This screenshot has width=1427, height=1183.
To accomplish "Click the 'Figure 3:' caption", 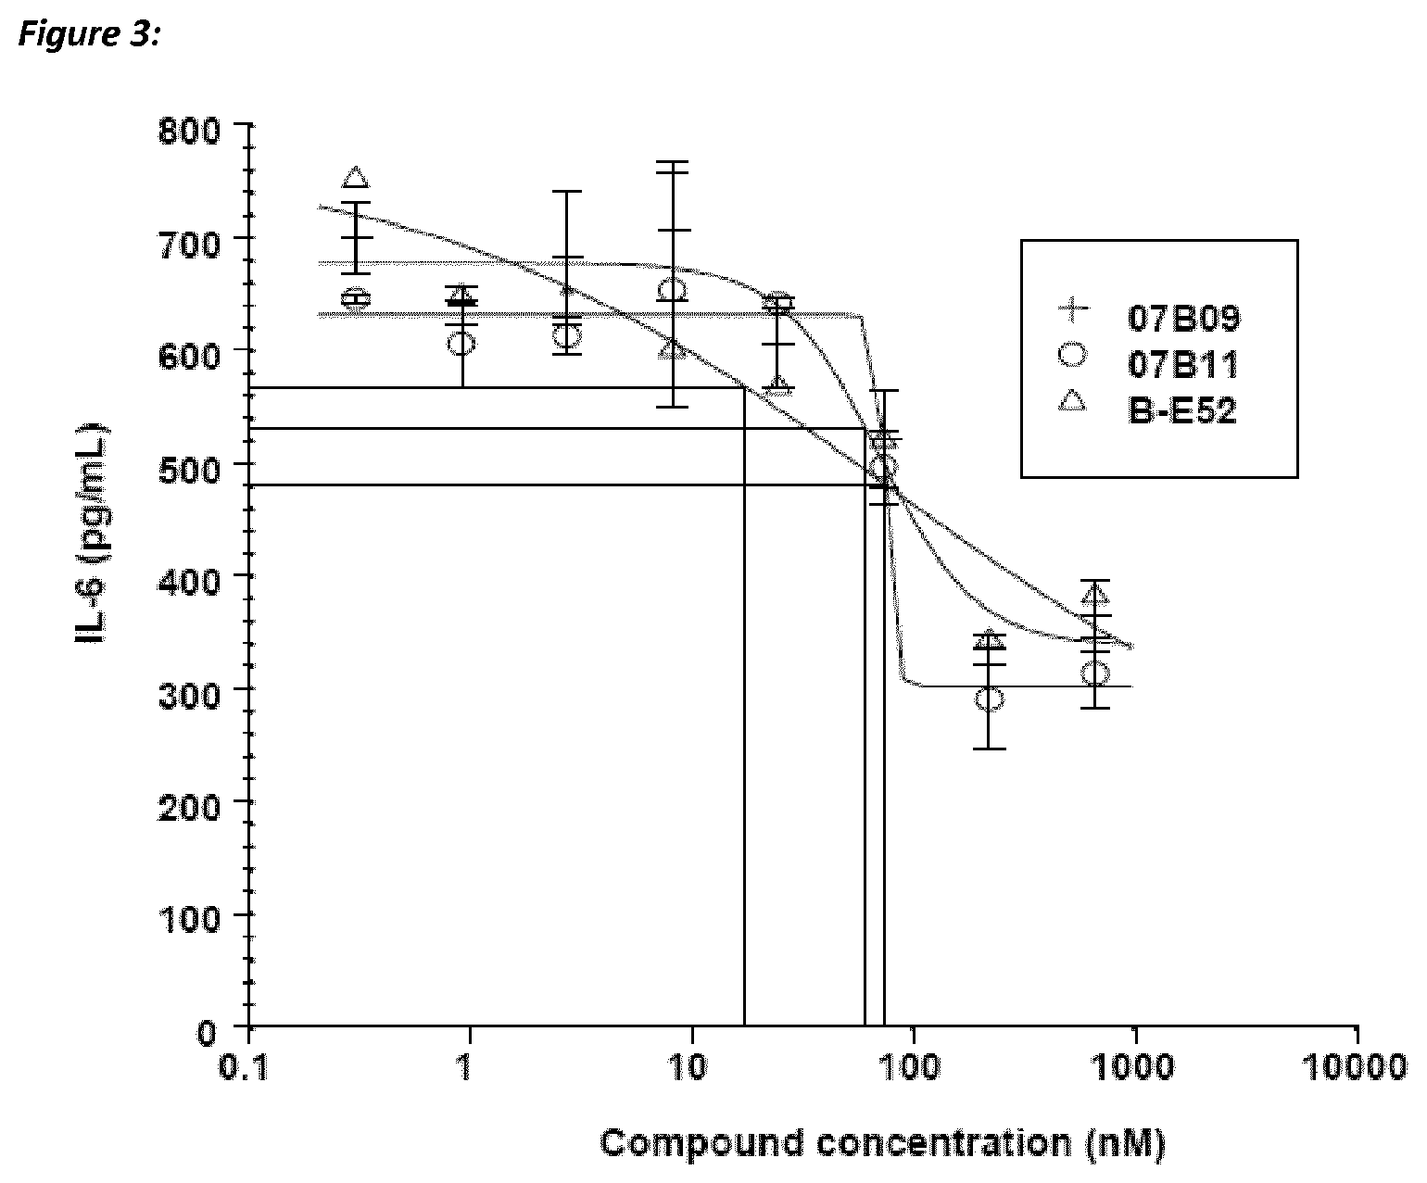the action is pyautogui.click(x=89, y=33).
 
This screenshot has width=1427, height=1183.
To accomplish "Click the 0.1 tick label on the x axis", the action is pyautogui.click(x=244, y=1066).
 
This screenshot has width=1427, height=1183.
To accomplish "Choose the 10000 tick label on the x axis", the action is pyautogui.click(x=1356, y=1066).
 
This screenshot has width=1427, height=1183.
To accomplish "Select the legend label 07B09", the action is pyautogui.click(x=1183, y=319).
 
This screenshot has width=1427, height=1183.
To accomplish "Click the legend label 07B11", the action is pyautogui.click(x=1183, y=365).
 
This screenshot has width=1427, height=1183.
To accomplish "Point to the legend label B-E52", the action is pyautogui.click(x=1182, y=410).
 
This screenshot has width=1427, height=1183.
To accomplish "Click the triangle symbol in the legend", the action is pyautogui.click(x=1072, y=402).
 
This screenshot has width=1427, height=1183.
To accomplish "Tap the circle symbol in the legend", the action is pyautogui.click(x=1072, y=355).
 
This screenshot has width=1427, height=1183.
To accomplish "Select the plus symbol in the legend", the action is pyautogui.click(x=1073, y=308).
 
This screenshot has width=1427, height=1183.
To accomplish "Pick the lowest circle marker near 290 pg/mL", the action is pyautogui.click(x=990, y=698).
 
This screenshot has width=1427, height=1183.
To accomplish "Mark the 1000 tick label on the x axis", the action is pyautogui.click(x=1132, y=1066).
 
